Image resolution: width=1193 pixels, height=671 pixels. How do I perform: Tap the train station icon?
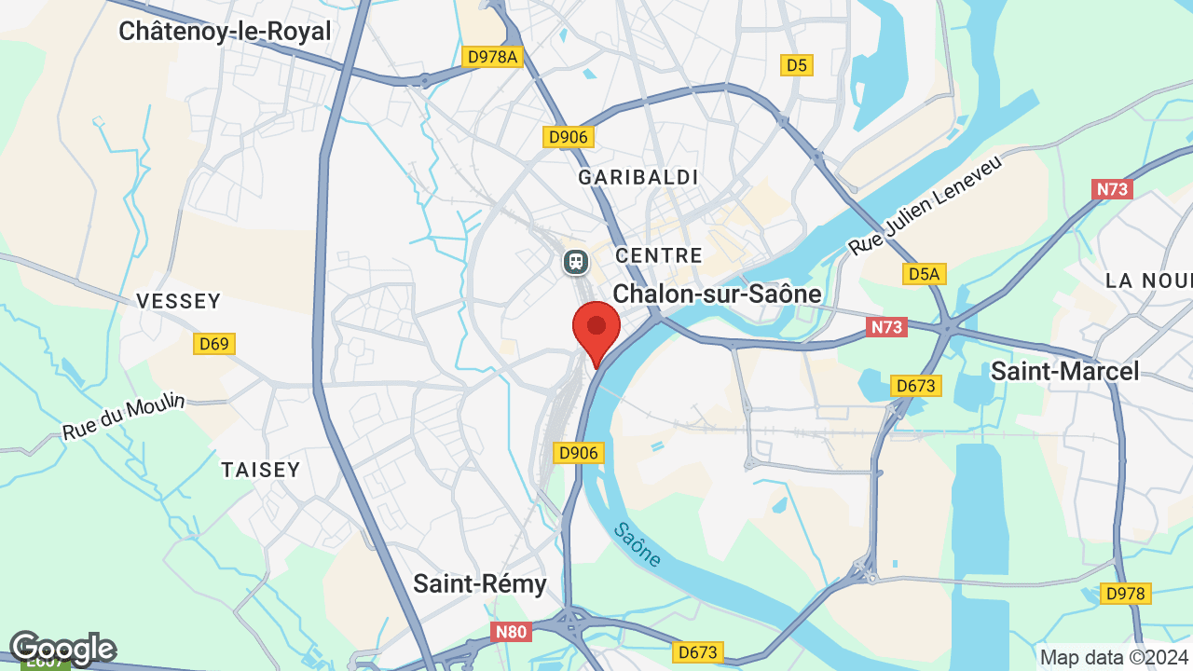[576, 262]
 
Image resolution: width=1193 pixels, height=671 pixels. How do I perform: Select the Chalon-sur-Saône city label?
[717, 294]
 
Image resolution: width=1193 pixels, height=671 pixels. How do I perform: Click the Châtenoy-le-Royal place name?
[225, 31]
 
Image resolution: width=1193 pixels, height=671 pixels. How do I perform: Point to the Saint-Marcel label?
[1064, 371]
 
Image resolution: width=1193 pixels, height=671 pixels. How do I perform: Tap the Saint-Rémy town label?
[480, 583]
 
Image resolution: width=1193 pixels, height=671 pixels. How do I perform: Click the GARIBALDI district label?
[638, 177]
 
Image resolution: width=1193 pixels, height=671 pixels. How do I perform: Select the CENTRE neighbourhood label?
[659, 255]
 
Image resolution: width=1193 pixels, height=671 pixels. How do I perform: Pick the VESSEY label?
[178, 301]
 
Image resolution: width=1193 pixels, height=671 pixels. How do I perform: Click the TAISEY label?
[261, 470]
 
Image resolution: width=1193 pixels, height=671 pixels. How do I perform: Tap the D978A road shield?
[492, 57]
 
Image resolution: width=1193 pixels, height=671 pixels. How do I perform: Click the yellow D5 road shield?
[796, 64]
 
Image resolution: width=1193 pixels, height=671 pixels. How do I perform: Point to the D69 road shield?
[214, 344]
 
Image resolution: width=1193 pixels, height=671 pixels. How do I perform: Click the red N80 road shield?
[511, 632]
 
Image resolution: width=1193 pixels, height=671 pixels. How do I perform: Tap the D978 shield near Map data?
[1126, 593]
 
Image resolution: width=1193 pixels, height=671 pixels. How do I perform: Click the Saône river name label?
[638, 544]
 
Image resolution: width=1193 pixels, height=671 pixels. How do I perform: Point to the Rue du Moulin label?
[124, 418]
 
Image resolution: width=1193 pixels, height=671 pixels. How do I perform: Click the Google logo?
[62, 648]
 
